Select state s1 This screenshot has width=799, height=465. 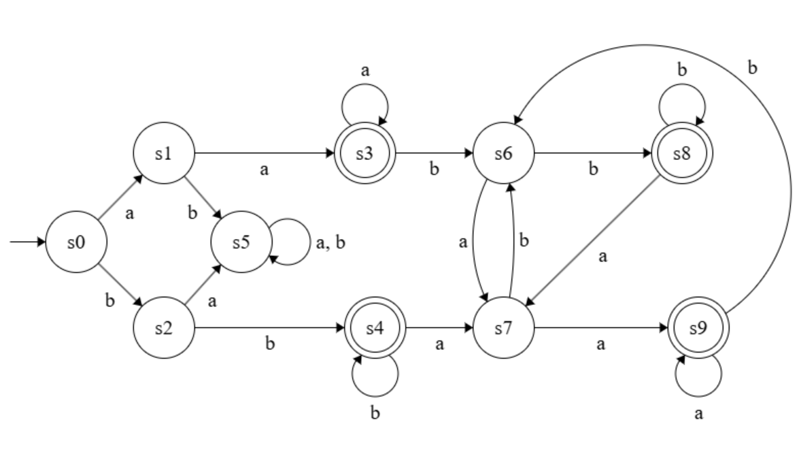(x=163, y=154)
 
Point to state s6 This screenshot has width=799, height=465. (x=504, y=154)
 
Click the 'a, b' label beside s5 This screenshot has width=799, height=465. (x=329, y=243)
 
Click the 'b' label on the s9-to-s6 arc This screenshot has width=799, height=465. (x=752, y=68)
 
